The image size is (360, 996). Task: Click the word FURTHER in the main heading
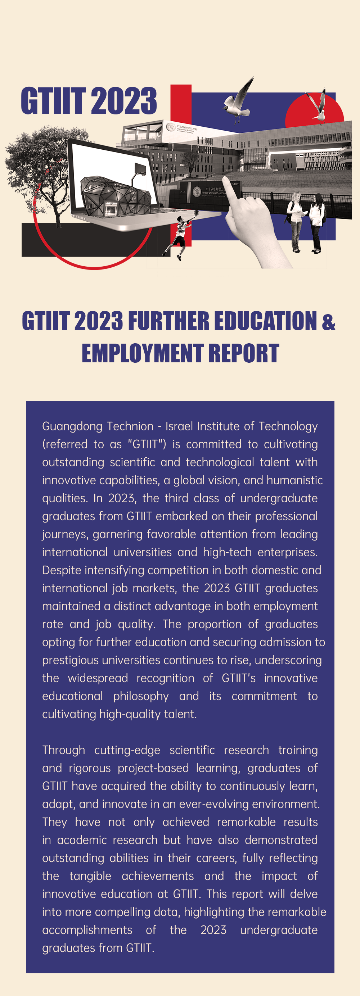tap(168, 321)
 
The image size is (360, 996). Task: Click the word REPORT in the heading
tap(244, 353)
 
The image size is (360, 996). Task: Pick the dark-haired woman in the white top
tap(317, 222)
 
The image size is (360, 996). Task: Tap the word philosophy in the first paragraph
tap(141, 696)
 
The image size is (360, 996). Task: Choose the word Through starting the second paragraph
tap(63, 750)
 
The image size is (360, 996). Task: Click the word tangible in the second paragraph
tap(90, 876)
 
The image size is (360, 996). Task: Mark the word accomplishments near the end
tap(87, 930)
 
